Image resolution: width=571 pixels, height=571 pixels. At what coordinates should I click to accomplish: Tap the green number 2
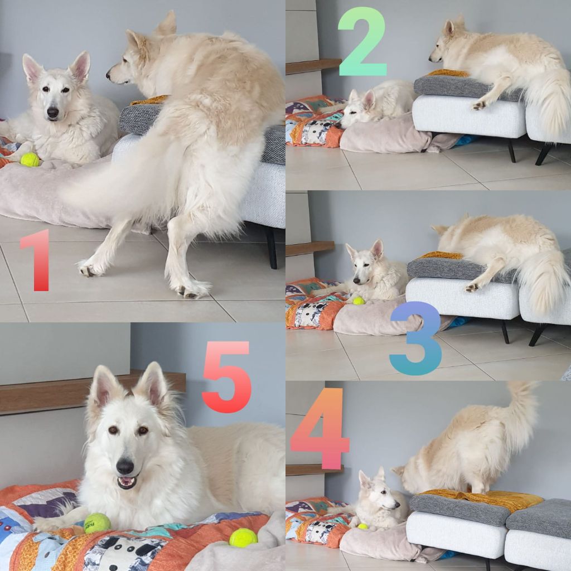click(x=362, y=41)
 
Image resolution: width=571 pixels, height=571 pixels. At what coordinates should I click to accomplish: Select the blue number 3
click(x=416, y=338)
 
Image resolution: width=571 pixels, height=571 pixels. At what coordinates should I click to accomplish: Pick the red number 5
click(x=226, y=377)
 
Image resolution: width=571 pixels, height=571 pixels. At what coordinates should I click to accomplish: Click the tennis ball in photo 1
click(x=30, y=159)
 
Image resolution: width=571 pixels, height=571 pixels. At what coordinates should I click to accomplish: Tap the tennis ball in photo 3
click(x=359, y=301)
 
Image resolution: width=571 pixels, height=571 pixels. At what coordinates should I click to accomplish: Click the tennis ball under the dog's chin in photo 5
click(x=98, y=523)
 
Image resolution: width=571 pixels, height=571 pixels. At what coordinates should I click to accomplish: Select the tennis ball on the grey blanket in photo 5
click(x=243, y=538)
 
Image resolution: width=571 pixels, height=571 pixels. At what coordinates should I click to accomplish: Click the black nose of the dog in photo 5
click(x=124, y=466)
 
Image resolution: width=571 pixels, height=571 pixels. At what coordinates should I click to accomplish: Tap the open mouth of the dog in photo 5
click(x=127, y=482)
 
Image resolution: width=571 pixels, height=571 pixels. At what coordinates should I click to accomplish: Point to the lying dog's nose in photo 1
click(x=53, y=113)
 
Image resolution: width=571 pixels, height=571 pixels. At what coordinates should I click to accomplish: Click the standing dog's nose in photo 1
click(x=108, y=76)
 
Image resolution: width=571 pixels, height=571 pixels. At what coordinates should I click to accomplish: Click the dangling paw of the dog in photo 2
click(x=480, y=105)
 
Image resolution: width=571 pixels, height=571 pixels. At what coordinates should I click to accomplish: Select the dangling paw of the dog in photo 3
click(x=472, y=287)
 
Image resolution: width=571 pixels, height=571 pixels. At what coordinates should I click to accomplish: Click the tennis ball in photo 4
click(x=362, y=526)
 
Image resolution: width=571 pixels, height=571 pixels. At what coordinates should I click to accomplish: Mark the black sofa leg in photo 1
click(x=272, y=248)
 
